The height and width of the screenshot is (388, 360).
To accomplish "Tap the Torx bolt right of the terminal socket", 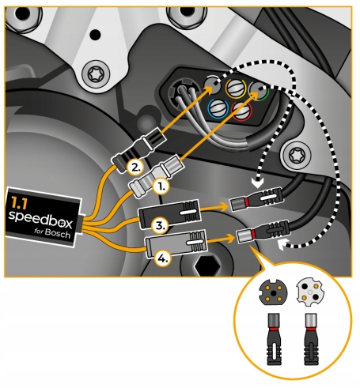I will pos(301,156).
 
